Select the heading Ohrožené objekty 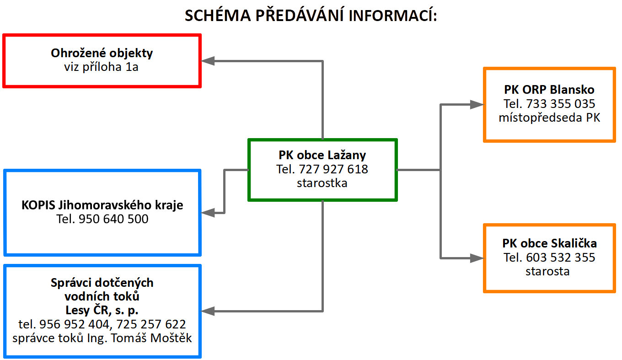coord(102,53)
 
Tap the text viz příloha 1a coord(101,67)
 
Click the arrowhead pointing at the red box coord(208,61)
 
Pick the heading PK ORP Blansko coord(549,90)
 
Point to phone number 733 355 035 coord(560,104)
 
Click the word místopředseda coord(540,118)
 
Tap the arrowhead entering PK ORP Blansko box coord(477,104)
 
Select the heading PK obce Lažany coord(322,155)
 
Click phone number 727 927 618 coord(333,169)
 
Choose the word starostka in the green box coord(322,183)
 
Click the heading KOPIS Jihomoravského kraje coord(102,205)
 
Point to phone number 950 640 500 coord(113,219)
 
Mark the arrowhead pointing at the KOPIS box coord(208,213)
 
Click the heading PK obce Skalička coord(549,243)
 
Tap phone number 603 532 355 coord(560,258)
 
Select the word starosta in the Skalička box coord(547,271)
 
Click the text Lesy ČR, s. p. coord(102,310)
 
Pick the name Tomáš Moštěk coord(151,338)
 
